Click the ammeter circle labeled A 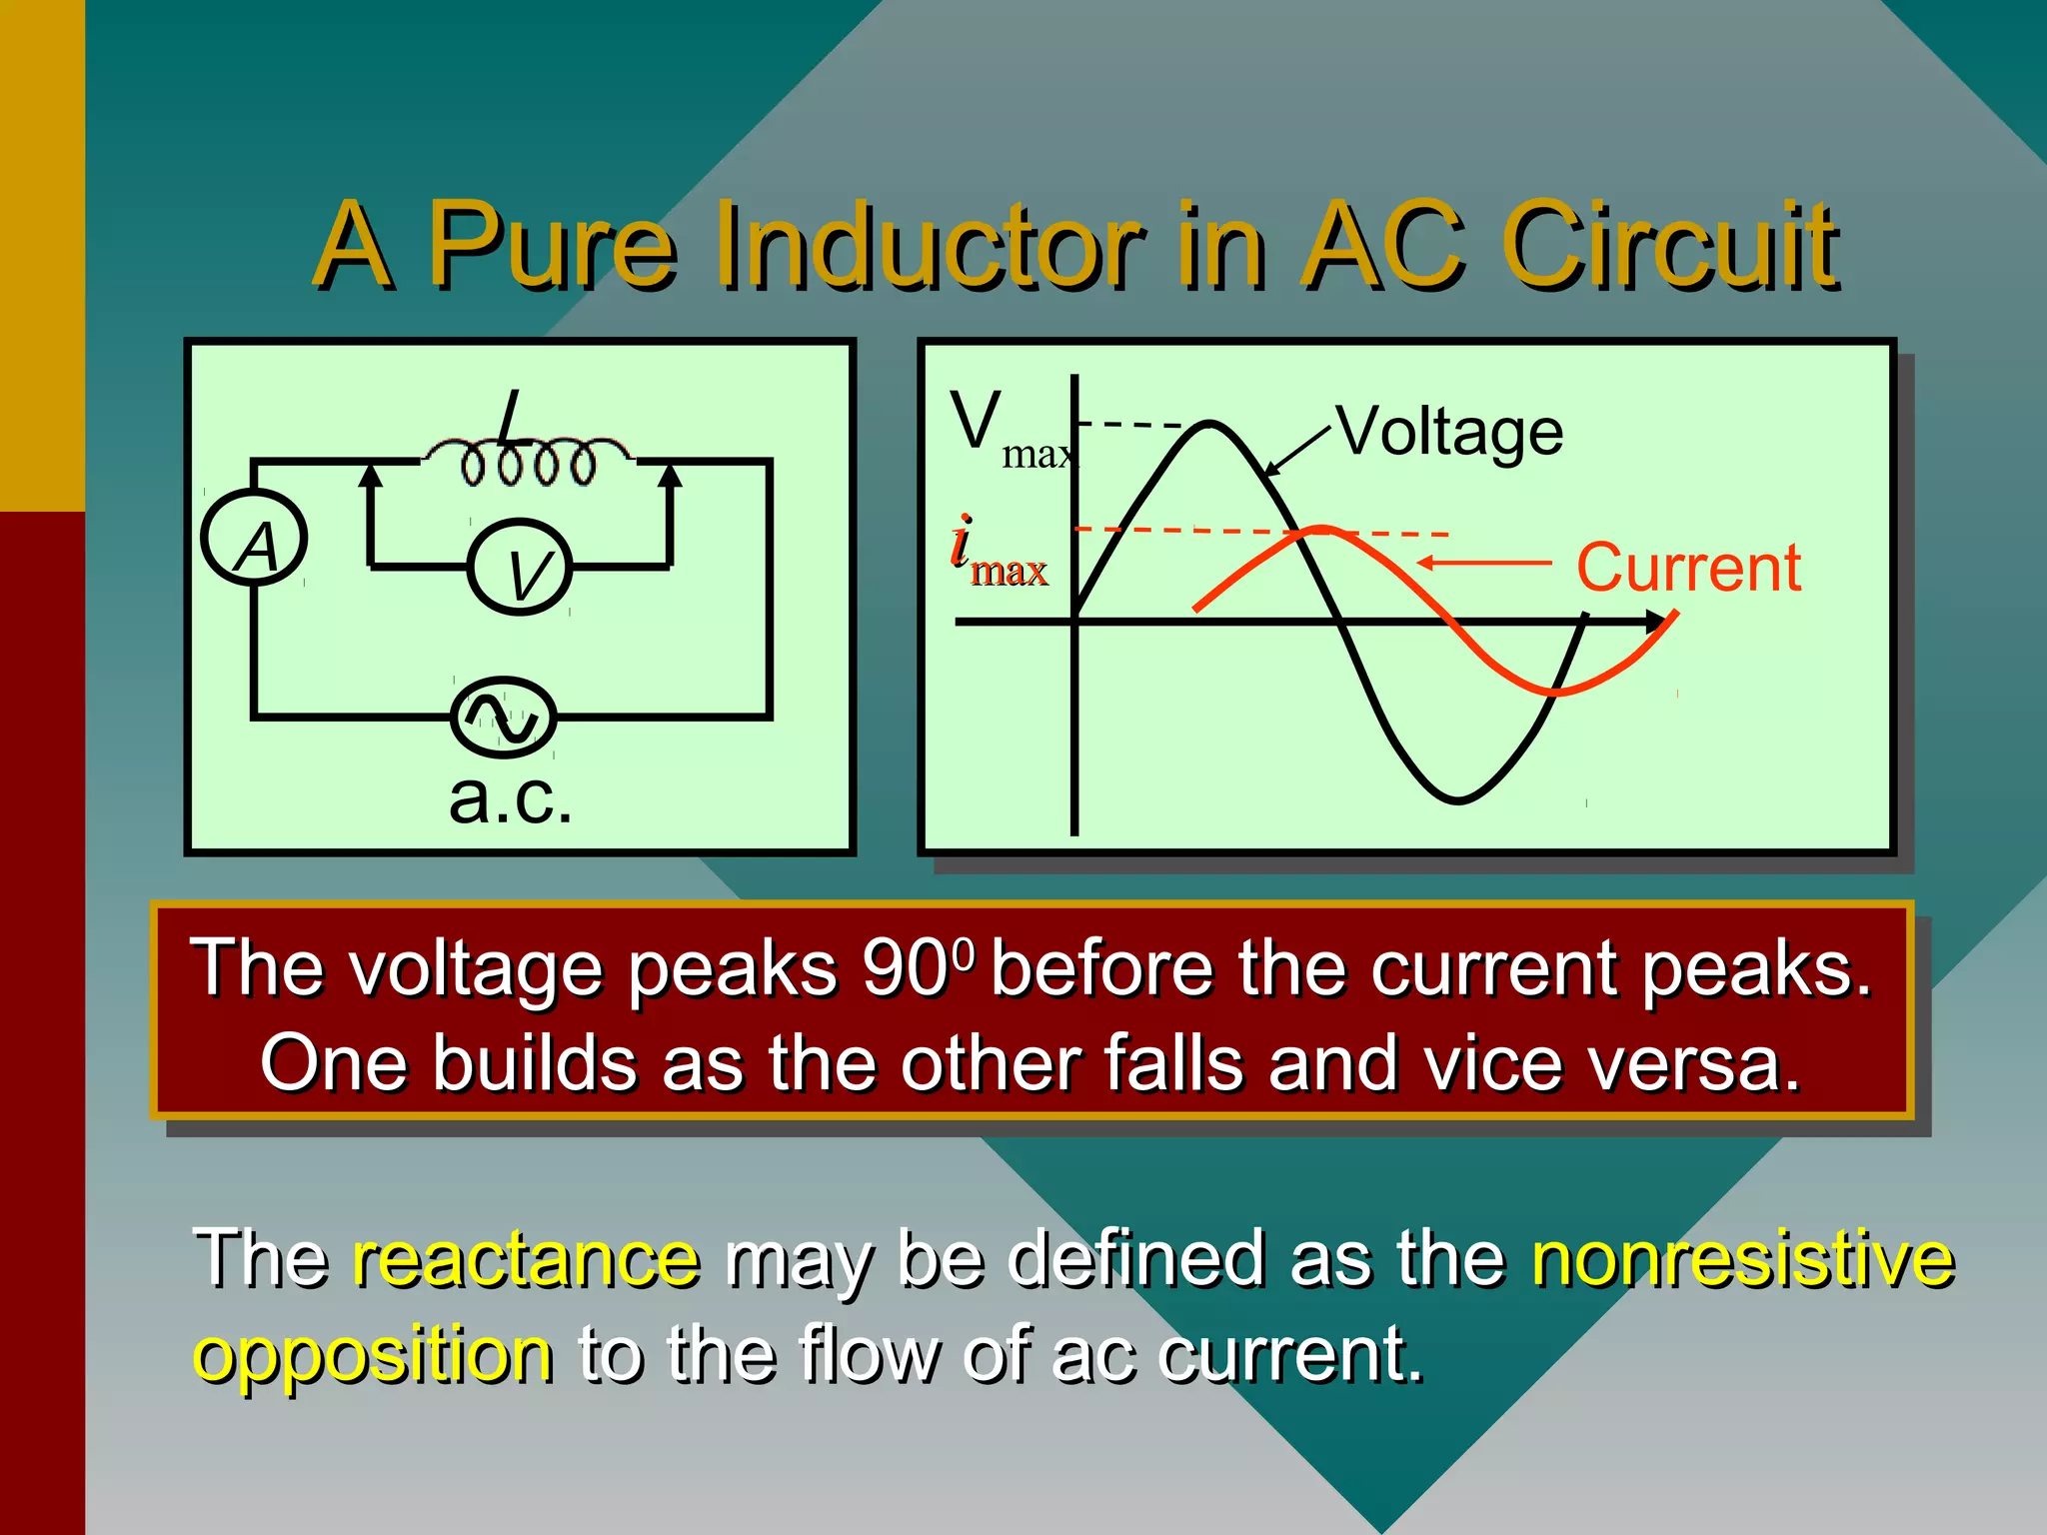(x=254, y=540)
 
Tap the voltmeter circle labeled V (x=520, y=567)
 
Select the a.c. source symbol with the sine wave (x=503, y=716)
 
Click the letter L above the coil (x=511, y=416)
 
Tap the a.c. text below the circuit (x=511, y=799)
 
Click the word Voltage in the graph (x=1450, y=433)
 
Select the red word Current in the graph (x=1688, y=568)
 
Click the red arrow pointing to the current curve (x=1484, y=563)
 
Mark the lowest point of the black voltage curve (x=1457, y=799)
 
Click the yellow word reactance (x=526, y=1258)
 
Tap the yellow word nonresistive (x=1742, y=1258)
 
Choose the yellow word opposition (x=373, y=1355)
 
